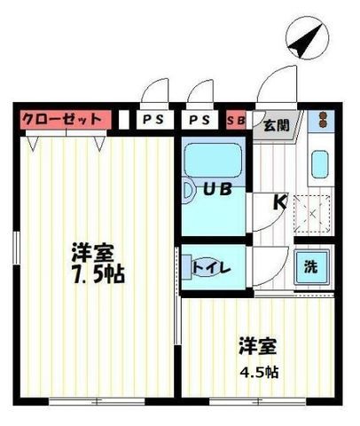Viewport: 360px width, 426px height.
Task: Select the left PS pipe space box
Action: coord(154,120)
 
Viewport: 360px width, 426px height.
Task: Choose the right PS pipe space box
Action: coord(200,120)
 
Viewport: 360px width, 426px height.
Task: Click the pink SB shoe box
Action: coord(236,120)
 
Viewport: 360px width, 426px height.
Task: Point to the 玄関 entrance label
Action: coord(277,126)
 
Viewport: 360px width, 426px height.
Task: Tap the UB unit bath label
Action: coord(217,189)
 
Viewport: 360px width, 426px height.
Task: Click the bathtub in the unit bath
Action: coord(213,161)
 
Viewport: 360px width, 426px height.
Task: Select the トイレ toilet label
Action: coord(211,268)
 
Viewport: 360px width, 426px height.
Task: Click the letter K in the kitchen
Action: coord(280,202)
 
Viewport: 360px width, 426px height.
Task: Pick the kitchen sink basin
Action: coord(320,164)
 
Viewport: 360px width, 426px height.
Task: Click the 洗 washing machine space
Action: coord(311,267)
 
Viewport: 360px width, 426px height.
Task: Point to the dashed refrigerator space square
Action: coord(312,214)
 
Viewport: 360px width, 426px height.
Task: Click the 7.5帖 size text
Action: coord(99,275)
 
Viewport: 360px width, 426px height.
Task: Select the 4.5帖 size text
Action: coord(259,372)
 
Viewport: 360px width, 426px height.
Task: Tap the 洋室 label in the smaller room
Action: coord(258,346)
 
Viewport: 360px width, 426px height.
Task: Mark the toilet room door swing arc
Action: coord(280,273)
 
